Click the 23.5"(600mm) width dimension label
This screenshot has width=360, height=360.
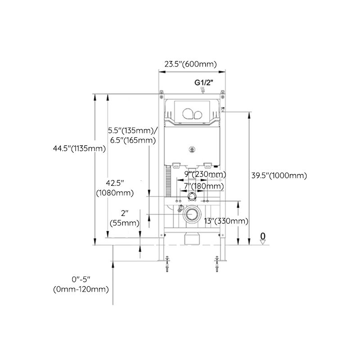click(190, 64)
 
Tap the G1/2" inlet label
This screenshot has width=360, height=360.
click(203, 82)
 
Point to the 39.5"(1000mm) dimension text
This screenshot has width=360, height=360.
click(279, 175)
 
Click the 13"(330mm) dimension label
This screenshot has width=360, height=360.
click(226, 220)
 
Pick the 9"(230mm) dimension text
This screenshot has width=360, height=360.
click(205, 174)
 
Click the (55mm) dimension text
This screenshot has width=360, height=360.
click(124, 223)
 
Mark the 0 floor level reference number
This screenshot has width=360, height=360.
click(263, 235)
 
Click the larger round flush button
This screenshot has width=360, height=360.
click(187, 113)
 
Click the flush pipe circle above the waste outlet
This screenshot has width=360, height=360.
click(192, 196)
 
